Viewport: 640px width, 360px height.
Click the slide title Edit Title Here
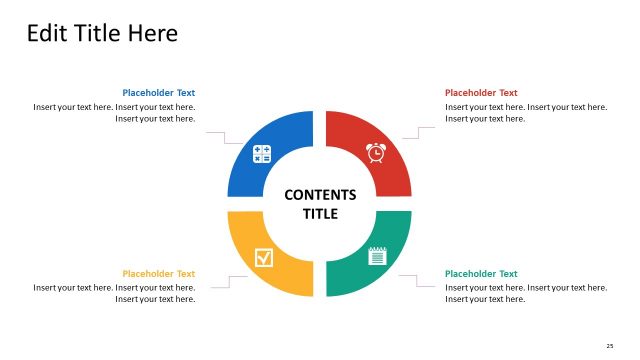pyautogui.click(x=102, y=34)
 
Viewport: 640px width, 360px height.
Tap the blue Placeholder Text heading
pyautogui.click(x=159, y=93)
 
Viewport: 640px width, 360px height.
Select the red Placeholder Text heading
pyautogui.click(x=481, y=93)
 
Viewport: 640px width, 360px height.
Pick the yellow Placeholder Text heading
pyautogui.click(x=159, y=274)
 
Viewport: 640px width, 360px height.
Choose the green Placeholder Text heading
pyautogui.click(x=481, y=274)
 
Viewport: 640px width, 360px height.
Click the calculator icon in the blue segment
pyautogui.click(x=262, y=154)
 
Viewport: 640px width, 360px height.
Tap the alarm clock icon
pyautogui.click(x=376, y=153)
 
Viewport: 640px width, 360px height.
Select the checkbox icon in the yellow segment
pyautogui.click(x=263, y=257)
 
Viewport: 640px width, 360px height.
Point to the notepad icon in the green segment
pyautogui.click(x=377, y=256)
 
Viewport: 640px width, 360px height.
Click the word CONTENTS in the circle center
pyautogui.click(x=320, y=195)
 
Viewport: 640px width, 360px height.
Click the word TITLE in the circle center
pyautogui.click(x=320, y=214)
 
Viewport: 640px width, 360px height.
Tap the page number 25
pyautogui.click(x=610, y=345)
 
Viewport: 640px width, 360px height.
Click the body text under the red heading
pyautogui.click(x=526, y=113)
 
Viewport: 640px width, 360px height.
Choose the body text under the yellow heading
pyautogui.click(x=114, y=293)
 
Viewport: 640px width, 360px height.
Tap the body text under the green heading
pyautogui.click(x=526, y=293)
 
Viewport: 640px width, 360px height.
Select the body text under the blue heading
pyautogui.click(x=114, y=113)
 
